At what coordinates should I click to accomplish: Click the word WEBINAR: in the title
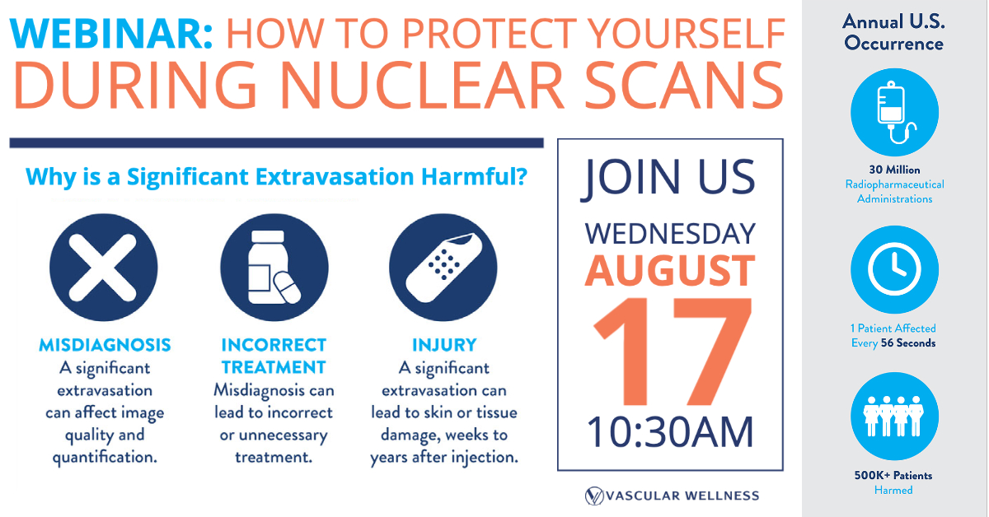111,34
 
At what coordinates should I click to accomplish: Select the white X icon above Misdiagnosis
103,268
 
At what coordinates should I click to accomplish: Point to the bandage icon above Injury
443,268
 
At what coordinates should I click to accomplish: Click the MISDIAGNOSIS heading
105,345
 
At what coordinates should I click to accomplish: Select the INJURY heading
444,345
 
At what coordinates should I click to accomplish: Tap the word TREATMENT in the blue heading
274,367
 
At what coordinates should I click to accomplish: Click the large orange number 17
672,352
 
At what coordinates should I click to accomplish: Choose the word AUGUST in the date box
670,271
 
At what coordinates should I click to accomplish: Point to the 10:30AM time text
670,432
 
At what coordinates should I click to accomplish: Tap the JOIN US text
668,178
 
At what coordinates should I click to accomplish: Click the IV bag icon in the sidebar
894,112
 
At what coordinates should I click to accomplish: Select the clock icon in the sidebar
894,269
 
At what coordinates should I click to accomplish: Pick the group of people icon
893,416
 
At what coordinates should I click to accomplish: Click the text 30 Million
894,170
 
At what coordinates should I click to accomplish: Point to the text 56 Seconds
907,342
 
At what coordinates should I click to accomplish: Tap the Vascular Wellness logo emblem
594,496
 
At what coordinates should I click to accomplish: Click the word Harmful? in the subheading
474,176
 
